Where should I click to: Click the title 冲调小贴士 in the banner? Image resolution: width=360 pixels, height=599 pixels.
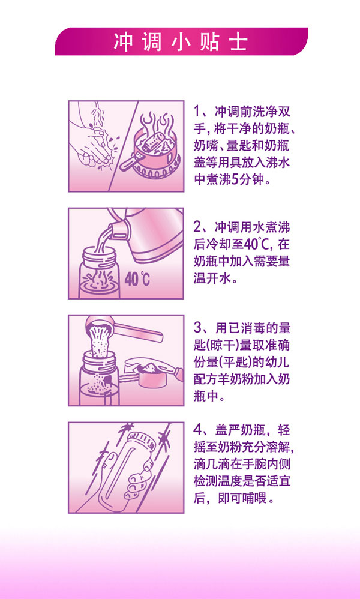point(181,42)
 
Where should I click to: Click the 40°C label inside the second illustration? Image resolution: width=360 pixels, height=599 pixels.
point(137,279)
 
